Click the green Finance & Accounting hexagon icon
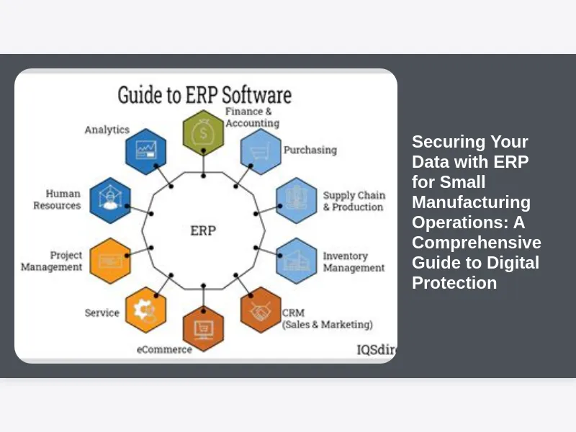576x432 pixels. pos(203,132)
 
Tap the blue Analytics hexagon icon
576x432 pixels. pos(146,151)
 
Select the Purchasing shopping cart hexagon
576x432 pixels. pos(260,151)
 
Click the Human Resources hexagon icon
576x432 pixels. pos(110,200)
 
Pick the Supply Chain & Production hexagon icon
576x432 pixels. pos(296,199)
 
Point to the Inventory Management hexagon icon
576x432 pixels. pos(296,261)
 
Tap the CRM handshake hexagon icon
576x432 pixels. pos(260,310)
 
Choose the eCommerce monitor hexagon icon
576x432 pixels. pos(203,328)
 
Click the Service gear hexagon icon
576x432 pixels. pos(145,310)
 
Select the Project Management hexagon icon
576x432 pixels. pos(110,261)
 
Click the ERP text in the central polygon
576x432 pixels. pos(203,230)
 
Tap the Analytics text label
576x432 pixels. pos(107,130)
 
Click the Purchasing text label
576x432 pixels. pos(310,150)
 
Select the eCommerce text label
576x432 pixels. pos(164,349)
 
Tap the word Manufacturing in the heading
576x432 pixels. pos(471,202)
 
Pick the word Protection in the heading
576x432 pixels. pos(454,283)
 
